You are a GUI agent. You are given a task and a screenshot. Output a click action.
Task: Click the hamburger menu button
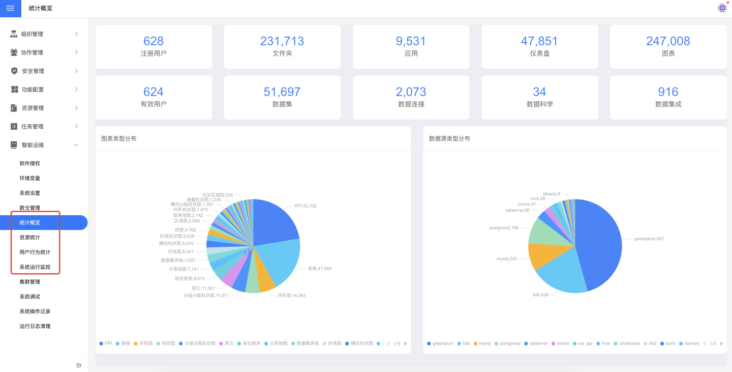[x=10, y=8]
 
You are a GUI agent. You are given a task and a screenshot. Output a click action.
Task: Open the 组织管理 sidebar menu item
[x=32, y=34]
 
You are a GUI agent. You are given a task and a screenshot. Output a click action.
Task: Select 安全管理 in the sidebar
[x=33, y=71]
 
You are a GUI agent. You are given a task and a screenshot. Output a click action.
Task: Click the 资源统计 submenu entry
[x=29, y=238]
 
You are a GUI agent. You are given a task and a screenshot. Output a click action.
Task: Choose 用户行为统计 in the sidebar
[x=35, y=252]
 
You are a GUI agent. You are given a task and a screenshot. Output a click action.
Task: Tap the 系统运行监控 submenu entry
[x=35, y=267]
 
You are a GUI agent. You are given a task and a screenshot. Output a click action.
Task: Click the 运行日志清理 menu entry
[x=35, y=326]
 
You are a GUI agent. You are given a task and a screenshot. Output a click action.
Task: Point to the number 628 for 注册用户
[x=154, y=41]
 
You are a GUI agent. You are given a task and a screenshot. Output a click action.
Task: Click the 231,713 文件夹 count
[x=282, y=41]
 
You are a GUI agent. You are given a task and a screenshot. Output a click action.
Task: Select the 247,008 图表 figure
[x=668, y=41]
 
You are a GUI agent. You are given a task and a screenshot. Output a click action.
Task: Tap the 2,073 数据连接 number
[x=411, y=92]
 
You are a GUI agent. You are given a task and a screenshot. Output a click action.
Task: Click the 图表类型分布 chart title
[x=119, y=138]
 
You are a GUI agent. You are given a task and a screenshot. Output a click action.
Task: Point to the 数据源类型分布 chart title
[x=449, y=138]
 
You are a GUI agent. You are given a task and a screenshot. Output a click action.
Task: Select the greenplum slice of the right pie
[x=600, y=239]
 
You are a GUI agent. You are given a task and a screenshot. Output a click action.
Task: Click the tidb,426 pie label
[x=541, y=295]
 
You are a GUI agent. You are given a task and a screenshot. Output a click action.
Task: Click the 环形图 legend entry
[x=145, y=344]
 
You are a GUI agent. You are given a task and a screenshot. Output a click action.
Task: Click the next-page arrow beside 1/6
[x=406, y=344]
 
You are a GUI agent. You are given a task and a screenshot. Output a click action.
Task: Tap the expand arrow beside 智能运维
[x=76, y=145]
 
